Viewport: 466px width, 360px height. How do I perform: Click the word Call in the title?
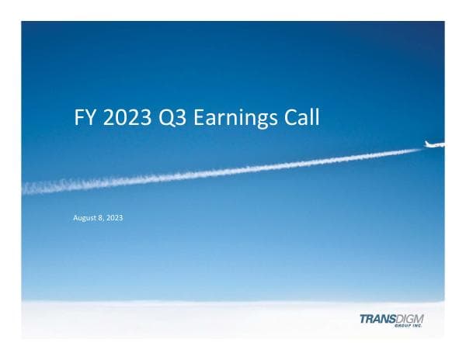304,117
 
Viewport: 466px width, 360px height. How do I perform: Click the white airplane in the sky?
435,144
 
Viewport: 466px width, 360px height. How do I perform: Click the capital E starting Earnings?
199,117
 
